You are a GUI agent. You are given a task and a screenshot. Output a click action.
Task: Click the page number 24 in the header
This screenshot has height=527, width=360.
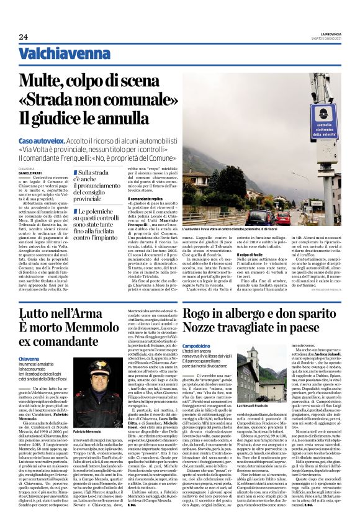(x=23, y=37)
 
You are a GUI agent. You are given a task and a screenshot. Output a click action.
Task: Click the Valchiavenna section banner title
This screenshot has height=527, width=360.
(x=60, y=53)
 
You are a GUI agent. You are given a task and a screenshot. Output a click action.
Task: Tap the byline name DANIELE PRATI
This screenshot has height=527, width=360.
(x=28, y=173)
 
